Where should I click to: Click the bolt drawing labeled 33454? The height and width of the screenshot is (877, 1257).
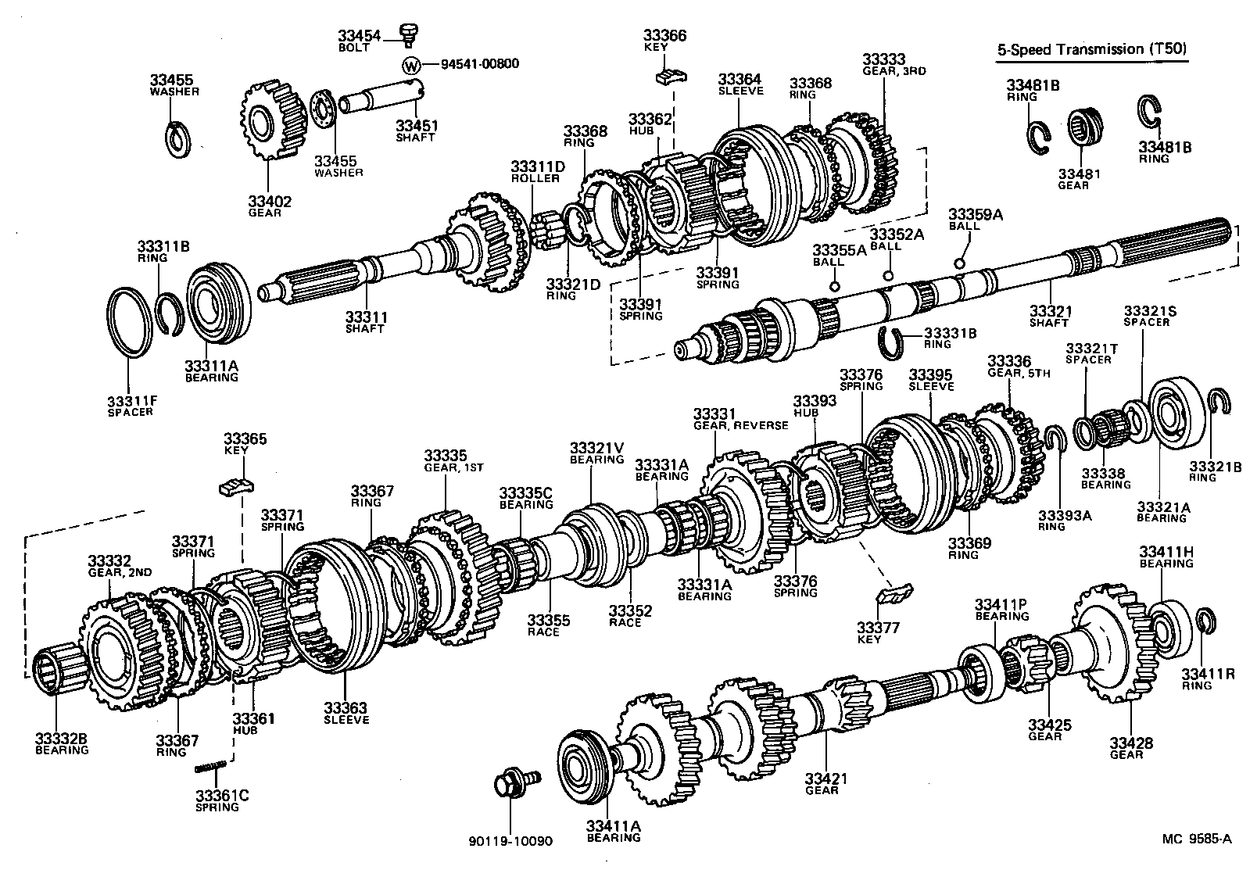(x=406, y=33)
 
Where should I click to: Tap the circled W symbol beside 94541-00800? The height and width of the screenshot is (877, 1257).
(x=411, y=64)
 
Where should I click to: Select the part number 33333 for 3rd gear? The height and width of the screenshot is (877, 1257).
(x=883, y=59)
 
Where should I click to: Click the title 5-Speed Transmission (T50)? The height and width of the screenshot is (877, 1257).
(x=1091, y=49)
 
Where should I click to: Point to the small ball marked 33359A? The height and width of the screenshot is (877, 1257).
(x=959, y=263)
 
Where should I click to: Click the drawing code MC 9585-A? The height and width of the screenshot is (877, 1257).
(x=1195, y=839)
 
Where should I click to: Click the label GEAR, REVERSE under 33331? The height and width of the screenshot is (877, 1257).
(x=740, y=425)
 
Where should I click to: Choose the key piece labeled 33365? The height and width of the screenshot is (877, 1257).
(x=236, y=485)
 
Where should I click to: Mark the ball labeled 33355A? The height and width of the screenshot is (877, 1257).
(x=834, y=285)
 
